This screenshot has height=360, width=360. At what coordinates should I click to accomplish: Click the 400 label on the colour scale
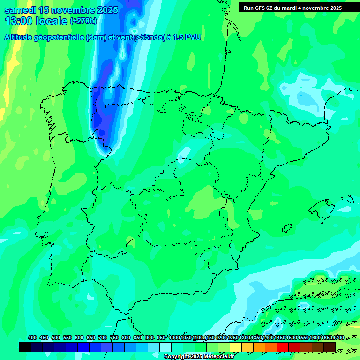[x=32, y=337]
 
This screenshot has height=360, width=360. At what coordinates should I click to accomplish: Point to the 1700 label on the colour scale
[x=338, y=337]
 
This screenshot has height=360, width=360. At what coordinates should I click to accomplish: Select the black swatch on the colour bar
[x=25, y=347]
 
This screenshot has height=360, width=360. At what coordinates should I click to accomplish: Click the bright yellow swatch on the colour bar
[x=236, y=347]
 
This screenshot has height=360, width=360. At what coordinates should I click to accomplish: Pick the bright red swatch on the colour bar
[x=283, y=347]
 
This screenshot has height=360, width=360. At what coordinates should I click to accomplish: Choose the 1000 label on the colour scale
[x=174, y=337]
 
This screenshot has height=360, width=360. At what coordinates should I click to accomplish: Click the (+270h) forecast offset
[x=83, y=21]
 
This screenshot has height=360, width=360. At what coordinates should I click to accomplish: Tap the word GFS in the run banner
[x=261, y=8]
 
